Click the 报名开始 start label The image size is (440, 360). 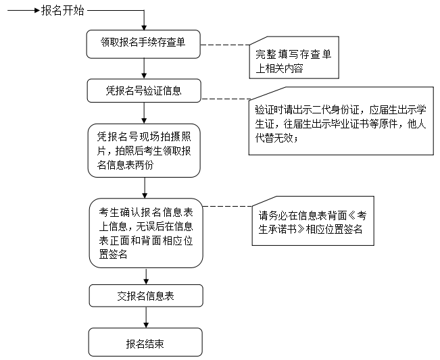63,11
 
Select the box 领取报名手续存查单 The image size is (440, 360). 144,44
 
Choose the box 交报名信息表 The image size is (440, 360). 145,295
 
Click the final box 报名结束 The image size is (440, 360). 145,342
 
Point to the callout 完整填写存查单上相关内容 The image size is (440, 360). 291,58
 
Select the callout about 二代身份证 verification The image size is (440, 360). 340,122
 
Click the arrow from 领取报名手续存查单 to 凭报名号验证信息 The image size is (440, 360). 144,68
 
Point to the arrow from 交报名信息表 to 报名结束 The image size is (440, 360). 145,317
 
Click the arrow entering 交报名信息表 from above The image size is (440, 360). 145,275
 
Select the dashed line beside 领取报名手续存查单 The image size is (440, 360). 224,45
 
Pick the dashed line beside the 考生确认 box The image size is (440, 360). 226,206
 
